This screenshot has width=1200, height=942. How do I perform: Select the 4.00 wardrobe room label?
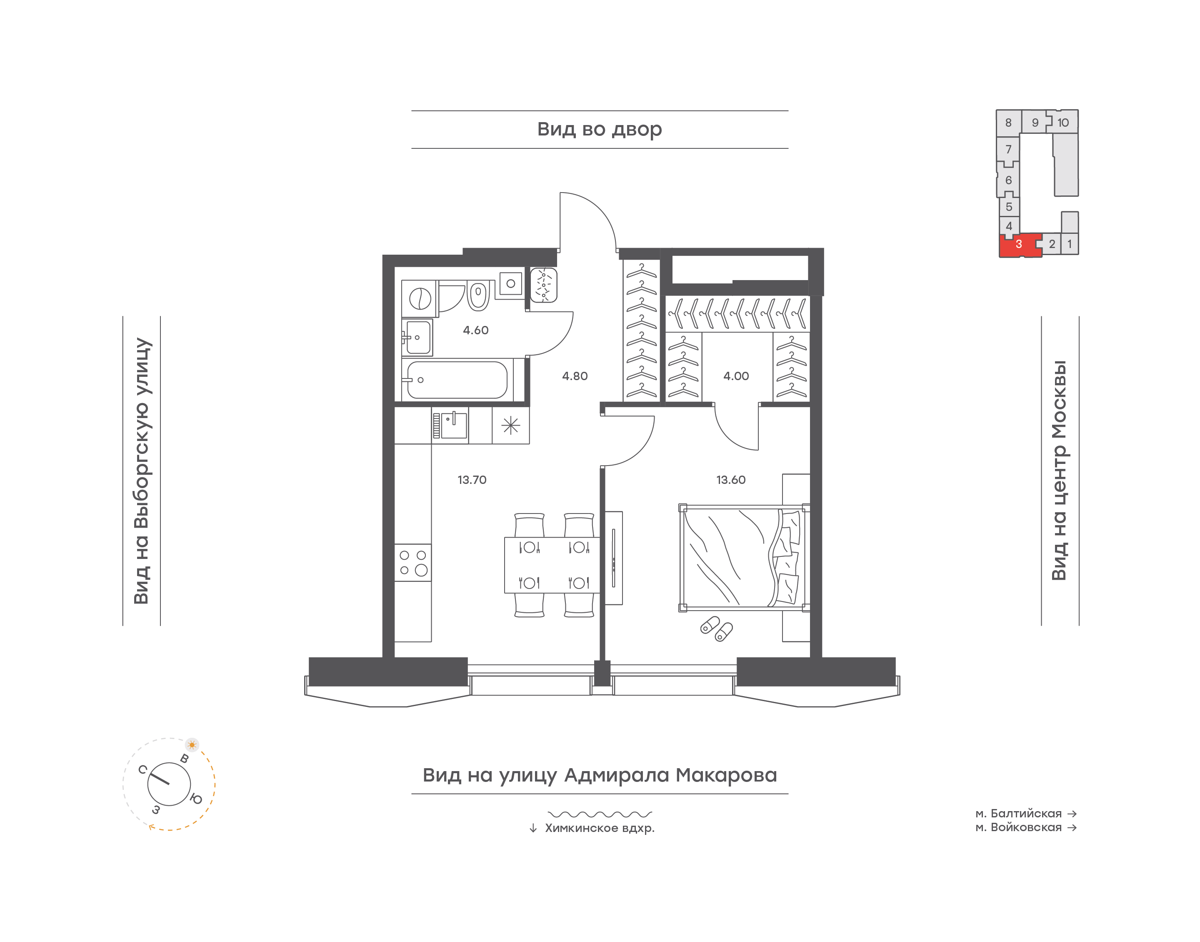736,376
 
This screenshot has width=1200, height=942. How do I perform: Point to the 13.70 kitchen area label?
472,480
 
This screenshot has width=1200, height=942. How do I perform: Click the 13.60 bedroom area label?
731,480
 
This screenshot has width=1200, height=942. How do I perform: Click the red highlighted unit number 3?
1019,244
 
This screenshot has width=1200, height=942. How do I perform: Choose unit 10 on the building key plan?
1063,123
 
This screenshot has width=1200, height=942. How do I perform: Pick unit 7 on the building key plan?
1008,150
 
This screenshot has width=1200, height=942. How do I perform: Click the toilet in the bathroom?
478,295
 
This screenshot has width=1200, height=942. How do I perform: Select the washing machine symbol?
420,299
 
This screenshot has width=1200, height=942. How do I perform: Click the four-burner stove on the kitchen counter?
413,563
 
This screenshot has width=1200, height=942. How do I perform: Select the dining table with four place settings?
552,565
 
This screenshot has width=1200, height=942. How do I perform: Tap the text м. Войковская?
1019,827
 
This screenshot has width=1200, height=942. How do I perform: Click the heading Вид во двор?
600,130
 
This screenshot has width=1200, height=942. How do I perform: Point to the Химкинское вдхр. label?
600,828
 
